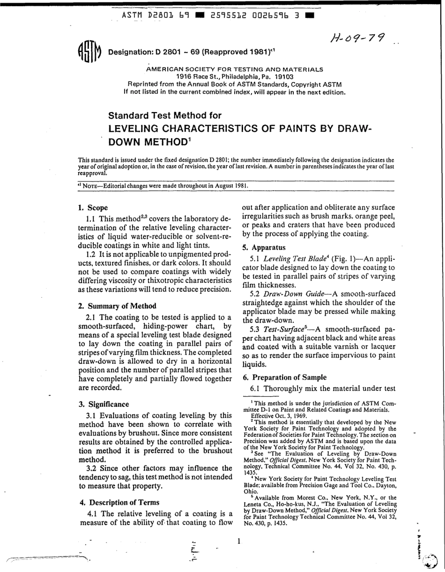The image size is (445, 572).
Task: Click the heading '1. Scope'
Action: [x=93, y=207]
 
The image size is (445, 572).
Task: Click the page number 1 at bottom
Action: [x=238, y=541]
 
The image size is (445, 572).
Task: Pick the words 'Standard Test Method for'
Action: [x=164, y=115]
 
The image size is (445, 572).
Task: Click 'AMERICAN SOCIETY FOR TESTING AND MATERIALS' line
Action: [x=235, y=69]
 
